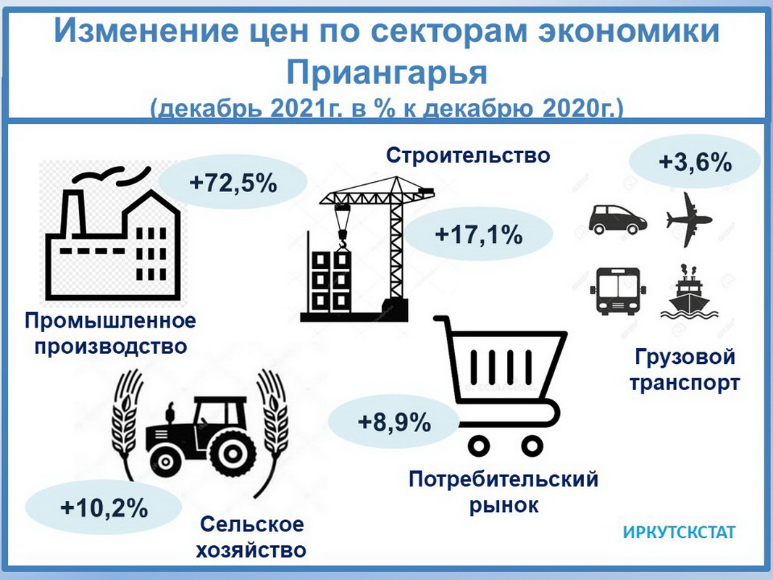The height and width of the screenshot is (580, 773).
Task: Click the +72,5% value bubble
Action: coord(233,183)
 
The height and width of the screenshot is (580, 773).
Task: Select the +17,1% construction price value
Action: coord(479,235)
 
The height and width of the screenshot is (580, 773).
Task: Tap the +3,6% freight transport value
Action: coord(695,162)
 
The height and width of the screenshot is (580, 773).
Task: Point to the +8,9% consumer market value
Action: coord(394,423)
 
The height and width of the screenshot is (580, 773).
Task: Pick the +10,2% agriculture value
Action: coord(104,508)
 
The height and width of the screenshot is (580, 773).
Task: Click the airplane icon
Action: coord(689,220)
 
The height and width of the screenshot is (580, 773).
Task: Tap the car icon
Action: coord(618,219)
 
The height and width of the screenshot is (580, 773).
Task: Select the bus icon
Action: coord(618,291)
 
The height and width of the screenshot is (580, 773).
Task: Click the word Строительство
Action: coord(468,155)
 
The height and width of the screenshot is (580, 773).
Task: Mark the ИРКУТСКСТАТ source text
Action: coord(680,532)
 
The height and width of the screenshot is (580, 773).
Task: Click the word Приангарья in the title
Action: coord(387,72)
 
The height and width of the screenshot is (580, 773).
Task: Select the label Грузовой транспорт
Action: coord(685,370)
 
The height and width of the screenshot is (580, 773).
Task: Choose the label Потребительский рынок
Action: coord(504,492)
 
